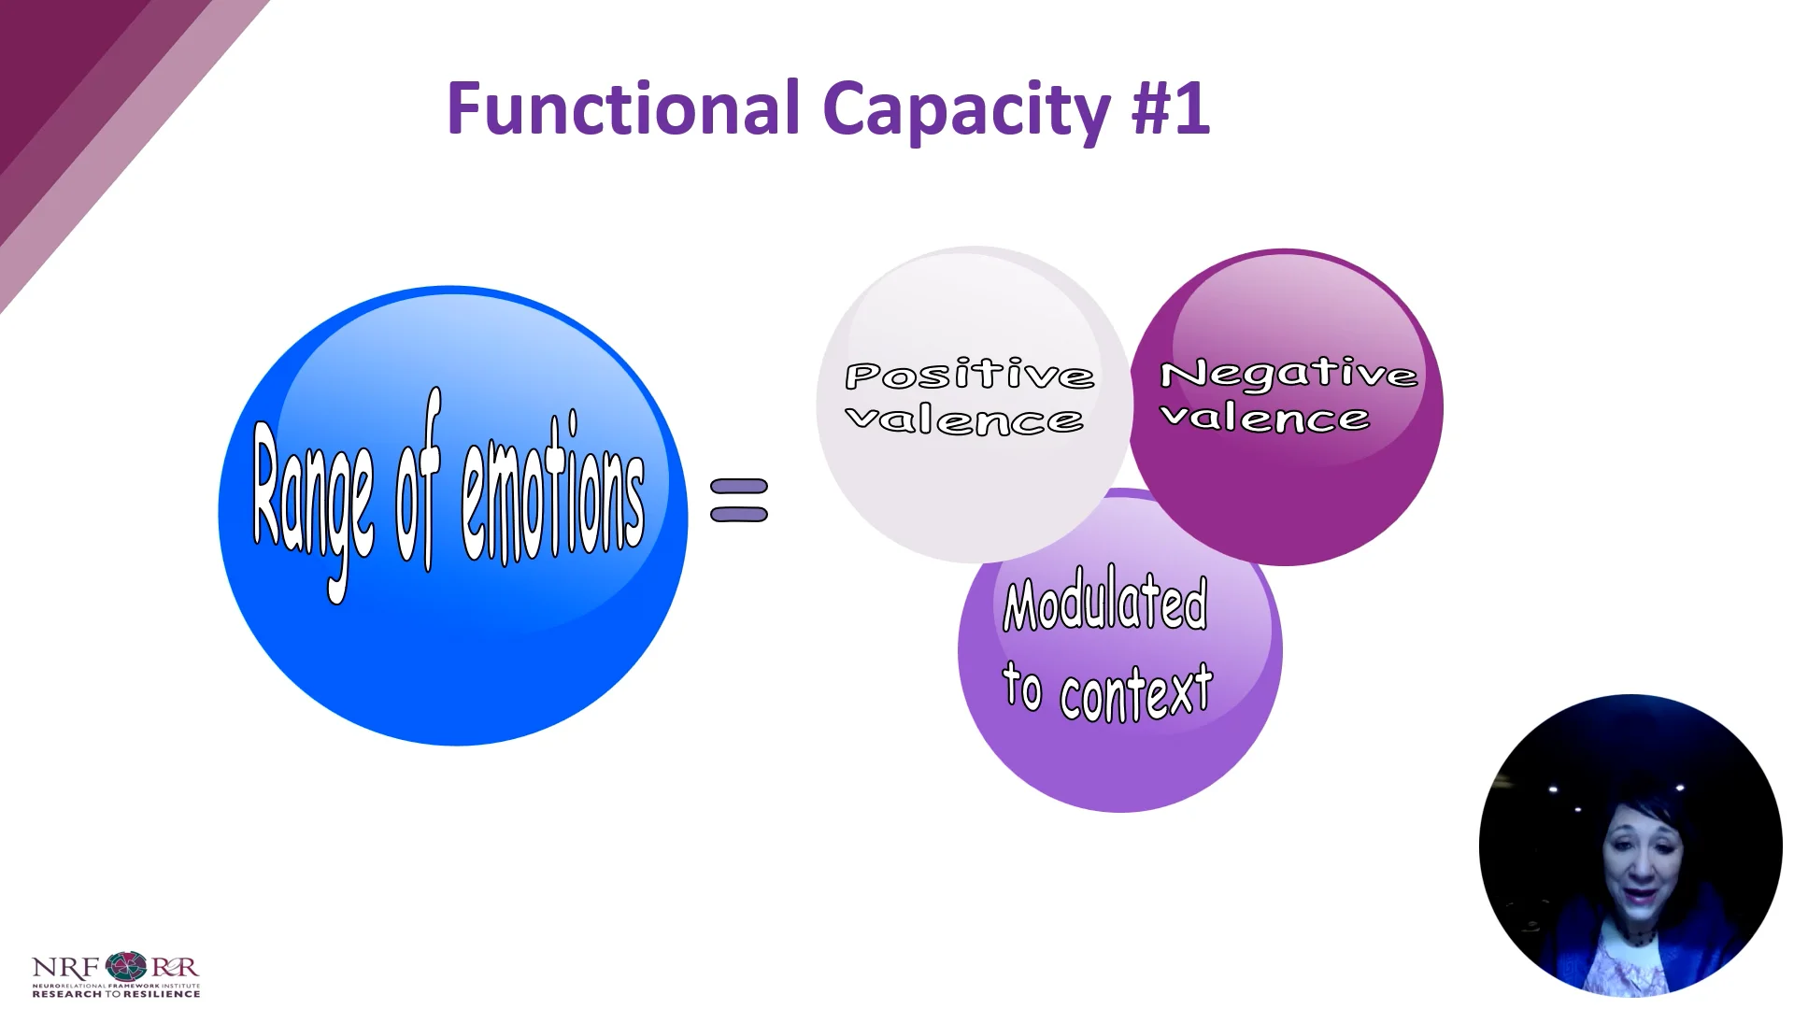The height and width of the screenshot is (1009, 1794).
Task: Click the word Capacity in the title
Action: point(965,110)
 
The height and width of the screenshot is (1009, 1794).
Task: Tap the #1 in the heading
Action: point(1170,108)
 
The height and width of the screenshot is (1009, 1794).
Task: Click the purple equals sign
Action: point(739,500)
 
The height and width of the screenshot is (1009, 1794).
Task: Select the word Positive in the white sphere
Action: point(969,376)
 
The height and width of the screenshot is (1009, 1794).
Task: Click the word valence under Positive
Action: point(964,420)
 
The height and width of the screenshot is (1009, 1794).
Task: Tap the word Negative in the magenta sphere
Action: point(1288,374)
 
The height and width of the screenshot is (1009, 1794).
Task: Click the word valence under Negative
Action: point(1265,418)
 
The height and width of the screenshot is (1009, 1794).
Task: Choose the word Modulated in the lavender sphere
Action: point(1105,603)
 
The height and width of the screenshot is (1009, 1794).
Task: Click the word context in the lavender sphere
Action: point(1136,692)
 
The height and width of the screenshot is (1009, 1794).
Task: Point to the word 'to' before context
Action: point(1022,688)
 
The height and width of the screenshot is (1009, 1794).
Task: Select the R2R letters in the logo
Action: point(175,967)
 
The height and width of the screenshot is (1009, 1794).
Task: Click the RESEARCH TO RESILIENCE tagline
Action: point(116,994)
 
